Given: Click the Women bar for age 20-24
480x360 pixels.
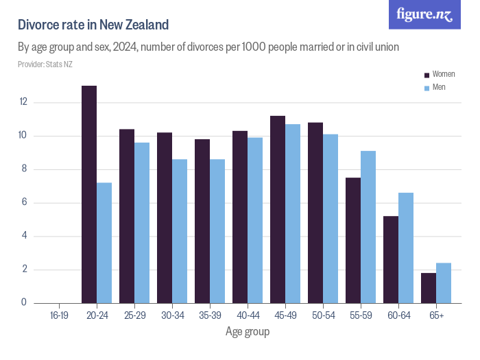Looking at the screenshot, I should [89, 194].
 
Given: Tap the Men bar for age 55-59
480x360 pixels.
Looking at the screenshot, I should [368, 227].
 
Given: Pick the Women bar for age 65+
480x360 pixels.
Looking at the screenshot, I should [429, 288].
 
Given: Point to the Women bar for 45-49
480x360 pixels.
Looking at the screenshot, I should [278, 209].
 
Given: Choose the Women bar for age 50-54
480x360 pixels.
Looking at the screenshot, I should [315, 213].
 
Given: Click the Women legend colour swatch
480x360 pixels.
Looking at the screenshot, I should [427, 75].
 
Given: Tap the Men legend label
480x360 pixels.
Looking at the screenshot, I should [439, 87].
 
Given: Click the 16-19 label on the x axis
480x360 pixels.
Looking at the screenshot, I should [59, 315].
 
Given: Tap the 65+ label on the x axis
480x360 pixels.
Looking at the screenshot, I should [436, 315].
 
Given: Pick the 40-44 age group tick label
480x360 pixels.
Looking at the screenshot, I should [248, 315].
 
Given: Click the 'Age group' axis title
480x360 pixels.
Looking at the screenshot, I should [248, 332].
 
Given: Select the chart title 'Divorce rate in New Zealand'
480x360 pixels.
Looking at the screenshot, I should [93, 25].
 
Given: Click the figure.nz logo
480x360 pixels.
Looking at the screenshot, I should [424, 14].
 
